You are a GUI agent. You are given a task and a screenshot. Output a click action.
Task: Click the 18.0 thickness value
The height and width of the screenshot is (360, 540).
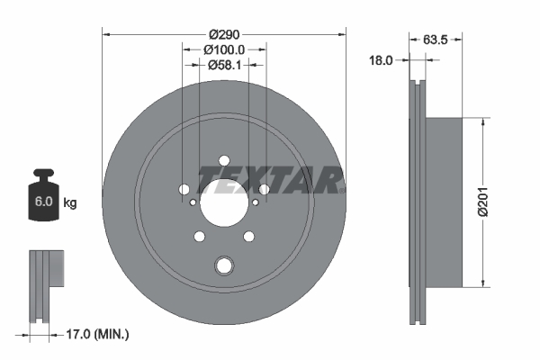[382, 60]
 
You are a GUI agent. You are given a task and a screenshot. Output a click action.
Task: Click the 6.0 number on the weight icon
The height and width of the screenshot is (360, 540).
[42, 202]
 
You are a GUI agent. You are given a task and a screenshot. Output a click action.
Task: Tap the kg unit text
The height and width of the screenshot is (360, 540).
[69, 203]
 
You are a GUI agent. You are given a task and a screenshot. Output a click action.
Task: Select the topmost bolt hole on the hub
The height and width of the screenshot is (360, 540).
[224, 160]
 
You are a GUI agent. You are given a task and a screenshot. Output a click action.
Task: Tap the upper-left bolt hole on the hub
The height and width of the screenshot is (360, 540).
[184, 190]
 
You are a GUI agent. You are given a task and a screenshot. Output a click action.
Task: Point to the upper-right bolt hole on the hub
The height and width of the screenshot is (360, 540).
[264, 190]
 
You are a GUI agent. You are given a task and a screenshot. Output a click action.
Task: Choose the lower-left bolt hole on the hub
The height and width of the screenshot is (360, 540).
[199, 238]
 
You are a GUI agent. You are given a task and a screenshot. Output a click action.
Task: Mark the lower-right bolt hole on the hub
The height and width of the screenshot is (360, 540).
[249, 238]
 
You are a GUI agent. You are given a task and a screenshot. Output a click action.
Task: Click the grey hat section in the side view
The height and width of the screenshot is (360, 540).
[445, 202]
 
